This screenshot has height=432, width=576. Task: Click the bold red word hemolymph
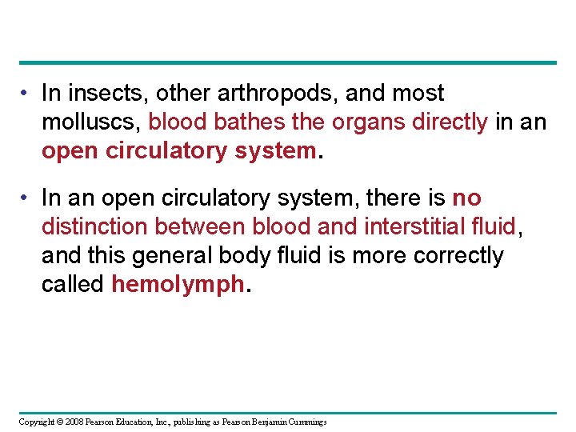[x=176, y=285]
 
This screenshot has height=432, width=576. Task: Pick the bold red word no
[x=466, y=198]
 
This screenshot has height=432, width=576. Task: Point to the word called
[x=73, y=285]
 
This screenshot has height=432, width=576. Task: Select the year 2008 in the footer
[x=74, y=422]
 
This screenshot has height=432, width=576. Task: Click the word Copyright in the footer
[x=37, y=422]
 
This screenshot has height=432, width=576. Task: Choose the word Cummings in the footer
[x=307, y=422]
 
